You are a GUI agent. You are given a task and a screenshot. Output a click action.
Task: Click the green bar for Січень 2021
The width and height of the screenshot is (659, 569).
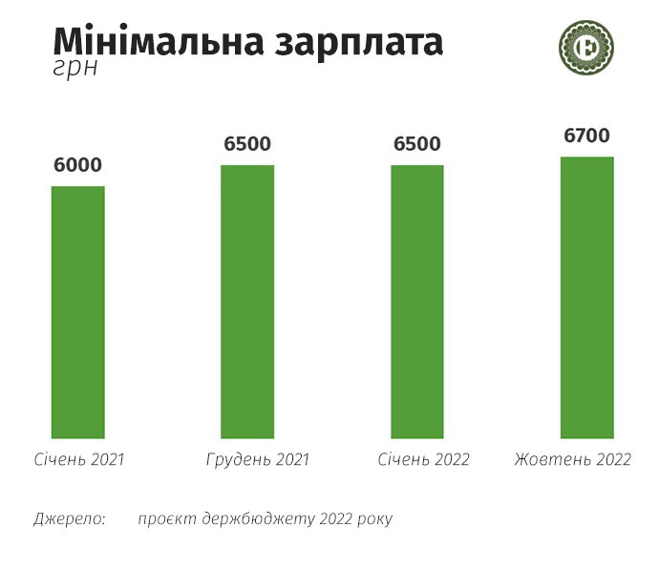pos(77,311)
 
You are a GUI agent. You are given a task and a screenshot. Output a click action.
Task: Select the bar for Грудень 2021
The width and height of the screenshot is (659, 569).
pos(247,302)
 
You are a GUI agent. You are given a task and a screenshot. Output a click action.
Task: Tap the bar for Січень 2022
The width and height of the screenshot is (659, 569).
pos(417,302)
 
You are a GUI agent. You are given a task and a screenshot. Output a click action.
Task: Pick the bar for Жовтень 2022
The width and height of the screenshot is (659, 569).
pos(586,297)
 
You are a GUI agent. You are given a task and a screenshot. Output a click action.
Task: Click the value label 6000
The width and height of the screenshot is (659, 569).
pos(77,165)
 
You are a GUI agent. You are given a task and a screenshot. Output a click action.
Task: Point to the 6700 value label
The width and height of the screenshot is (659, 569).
pos(586,137)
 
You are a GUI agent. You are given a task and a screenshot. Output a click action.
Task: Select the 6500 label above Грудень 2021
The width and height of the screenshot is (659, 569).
pos(247,144)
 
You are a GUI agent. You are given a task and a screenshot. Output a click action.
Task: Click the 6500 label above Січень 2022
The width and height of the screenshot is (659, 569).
pos(417,144)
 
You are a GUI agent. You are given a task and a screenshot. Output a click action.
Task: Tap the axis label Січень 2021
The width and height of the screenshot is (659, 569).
pos(77,459)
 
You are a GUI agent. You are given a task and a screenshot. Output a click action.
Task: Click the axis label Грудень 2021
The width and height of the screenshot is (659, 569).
pos(258,459)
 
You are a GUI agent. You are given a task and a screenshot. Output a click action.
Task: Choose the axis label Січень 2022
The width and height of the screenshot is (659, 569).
pos(424,459)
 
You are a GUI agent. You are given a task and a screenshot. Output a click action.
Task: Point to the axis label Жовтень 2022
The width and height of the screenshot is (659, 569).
pos(573,459)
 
